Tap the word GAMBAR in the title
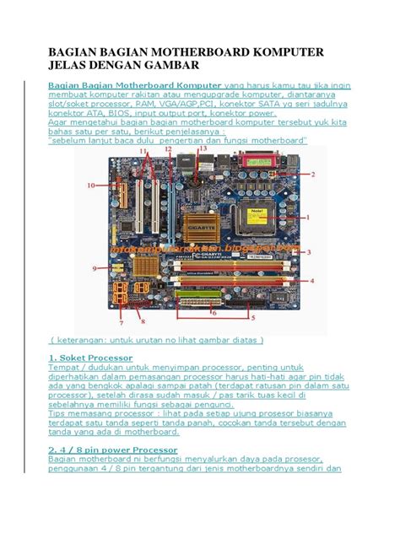(x=170, y=70)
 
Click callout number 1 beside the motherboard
(x=309, y=217)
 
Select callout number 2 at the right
(x=311, y=175)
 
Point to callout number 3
(x=310, y=252)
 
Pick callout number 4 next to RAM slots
(x=312, y=280)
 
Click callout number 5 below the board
(x=250, y=319)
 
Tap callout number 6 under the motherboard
(x=214, y=313)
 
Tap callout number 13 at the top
(x=202, y=148)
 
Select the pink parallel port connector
(x=256, y=159)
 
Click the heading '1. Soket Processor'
(x=84, y=358)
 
